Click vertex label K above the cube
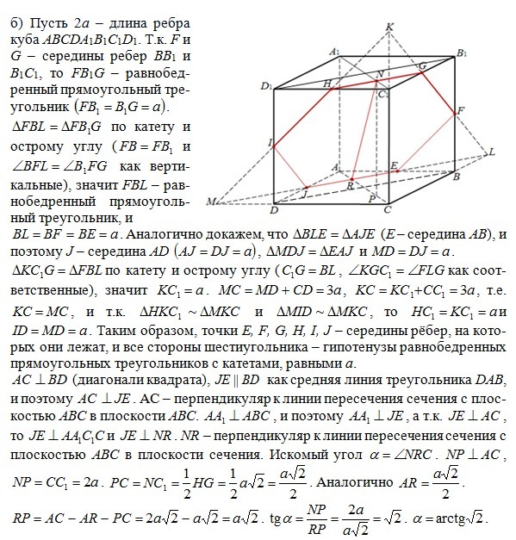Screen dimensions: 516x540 pos(390,28)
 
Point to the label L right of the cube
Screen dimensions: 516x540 pos(491,152)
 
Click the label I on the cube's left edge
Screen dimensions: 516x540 pos(270,141)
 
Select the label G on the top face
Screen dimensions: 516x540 pos(421,65)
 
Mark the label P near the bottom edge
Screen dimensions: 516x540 pos(370,198)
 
